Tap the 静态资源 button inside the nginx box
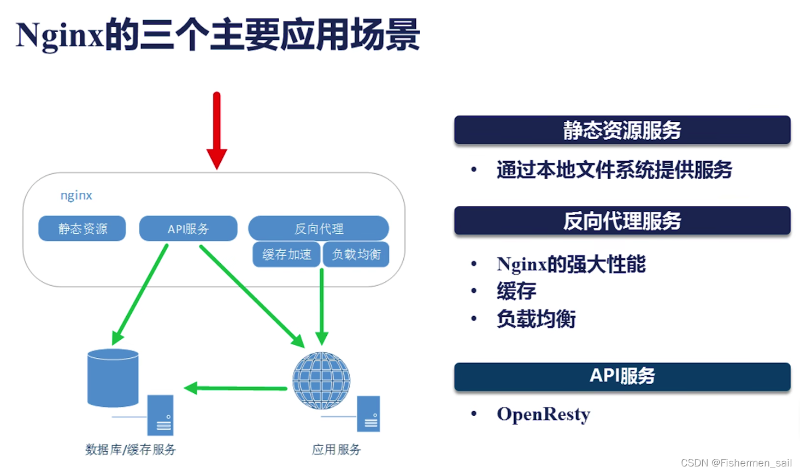coord(82,228)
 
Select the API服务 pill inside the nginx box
coord(188,228)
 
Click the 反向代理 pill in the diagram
coord(319,228)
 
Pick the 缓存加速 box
coord(286,255)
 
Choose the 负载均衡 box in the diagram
coord(356,255)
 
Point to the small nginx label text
coord(76,196)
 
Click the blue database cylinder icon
coord(113,377)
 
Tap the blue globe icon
coord(321,381)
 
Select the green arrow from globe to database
coord(236,388)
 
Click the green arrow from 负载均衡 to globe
coord(322,306)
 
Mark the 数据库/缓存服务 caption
coord(131,450)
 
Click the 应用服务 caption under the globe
coord(336,450)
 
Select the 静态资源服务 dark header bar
coord(622,130)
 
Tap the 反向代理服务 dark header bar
coord(622,221)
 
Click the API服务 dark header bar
coord(622,376)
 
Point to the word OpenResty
coord(543,415)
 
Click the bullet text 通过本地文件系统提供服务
coord(614,170)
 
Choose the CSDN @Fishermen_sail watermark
coord(736,463)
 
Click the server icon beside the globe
coord(369,414)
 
